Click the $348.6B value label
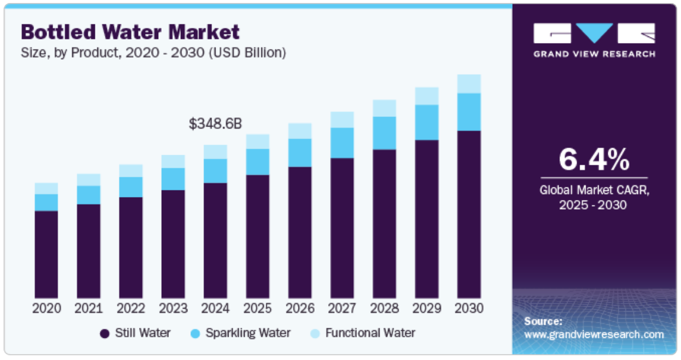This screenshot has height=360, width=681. [x=215, y=124]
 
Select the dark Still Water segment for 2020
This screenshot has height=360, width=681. [x=47, y=254]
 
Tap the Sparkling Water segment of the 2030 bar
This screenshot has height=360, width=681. [x=469, y=112]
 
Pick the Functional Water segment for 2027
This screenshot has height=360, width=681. [x=342, y=120]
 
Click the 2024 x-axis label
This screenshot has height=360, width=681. [x=215, y=308]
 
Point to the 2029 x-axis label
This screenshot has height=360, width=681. [x=427, y=308]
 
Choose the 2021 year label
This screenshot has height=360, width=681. [x=88, y=308]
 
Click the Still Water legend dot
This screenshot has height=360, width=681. [x=104, y=334]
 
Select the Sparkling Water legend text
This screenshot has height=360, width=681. [x=248, y=333]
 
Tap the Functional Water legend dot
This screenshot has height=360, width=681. [x=315, y=334]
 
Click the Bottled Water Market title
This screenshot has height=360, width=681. [x=130, y=32]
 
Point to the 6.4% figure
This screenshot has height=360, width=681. [x=594, y=159]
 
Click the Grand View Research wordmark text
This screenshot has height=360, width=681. [x=594, y=54]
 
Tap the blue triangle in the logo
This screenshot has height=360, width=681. [x=594, y=33]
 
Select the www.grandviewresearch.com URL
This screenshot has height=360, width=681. [x=594, y=335]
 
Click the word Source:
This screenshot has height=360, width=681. [x=543, y=321]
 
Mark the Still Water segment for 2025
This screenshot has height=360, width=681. [x=258, y=236]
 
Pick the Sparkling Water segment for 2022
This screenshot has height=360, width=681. [x=131, y=187]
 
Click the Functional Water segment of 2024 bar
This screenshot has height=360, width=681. [x=215, y=152]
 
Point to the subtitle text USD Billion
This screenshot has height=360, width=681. [x=246, y=53]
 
